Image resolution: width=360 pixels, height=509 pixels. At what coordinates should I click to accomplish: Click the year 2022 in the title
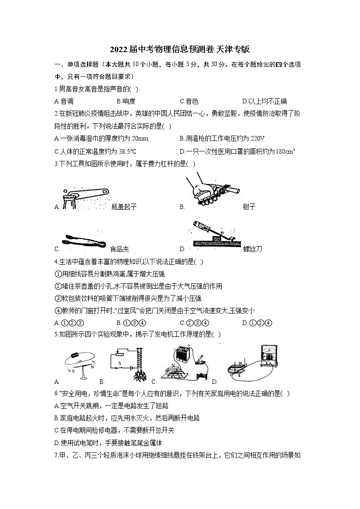click(119, 49)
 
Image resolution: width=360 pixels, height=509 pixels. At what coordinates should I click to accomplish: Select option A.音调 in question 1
click(64, 101)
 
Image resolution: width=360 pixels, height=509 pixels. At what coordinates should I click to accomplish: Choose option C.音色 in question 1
click(189, 101)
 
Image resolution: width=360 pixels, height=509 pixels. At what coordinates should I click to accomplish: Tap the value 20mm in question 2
click(141, 138)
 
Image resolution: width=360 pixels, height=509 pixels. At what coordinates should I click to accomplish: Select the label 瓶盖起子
click(123, 207)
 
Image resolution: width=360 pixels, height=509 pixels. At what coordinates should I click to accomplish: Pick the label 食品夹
click(119, 249)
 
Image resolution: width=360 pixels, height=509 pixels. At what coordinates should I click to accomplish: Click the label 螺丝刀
click(253, 249)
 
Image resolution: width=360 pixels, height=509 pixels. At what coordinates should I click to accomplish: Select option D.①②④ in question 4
click(257, 323)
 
